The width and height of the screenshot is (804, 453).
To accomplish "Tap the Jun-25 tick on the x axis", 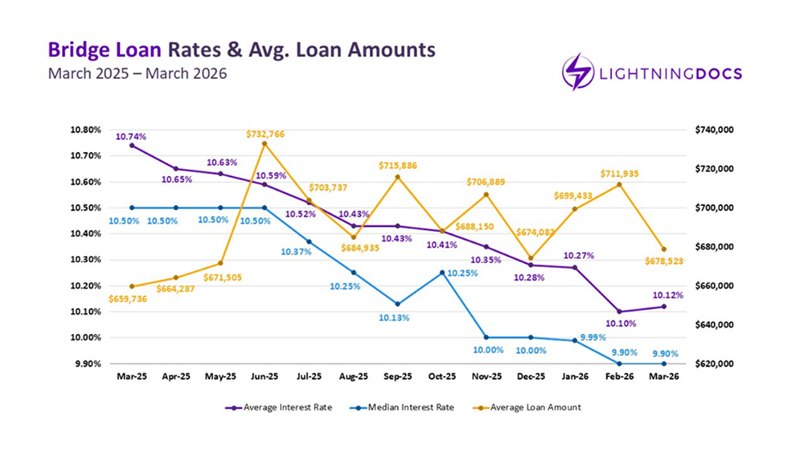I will pyautogui.click(x=265, y=376).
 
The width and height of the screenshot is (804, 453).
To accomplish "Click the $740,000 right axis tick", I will pyautogui.click(x=705, y=130).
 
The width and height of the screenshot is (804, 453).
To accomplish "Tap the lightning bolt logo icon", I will pyautogui.click(x=577, y=72).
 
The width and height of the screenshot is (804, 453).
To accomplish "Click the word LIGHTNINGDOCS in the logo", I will pyautogui.click(x=671, y=74).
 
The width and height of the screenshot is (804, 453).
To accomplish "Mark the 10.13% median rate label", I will pyautogui.click(x=395, y=318).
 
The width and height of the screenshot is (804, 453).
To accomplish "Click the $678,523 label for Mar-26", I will pyautogui.click(x=662, y=261).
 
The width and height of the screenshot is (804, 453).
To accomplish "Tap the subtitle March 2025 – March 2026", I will pyautogui.click(x=137, y=74).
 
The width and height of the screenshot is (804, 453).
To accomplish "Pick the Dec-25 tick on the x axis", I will pyautogui.click(x=531, y=376).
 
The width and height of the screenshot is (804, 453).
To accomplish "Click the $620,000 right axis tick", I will pyautogui.click(x=705, y=364).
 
